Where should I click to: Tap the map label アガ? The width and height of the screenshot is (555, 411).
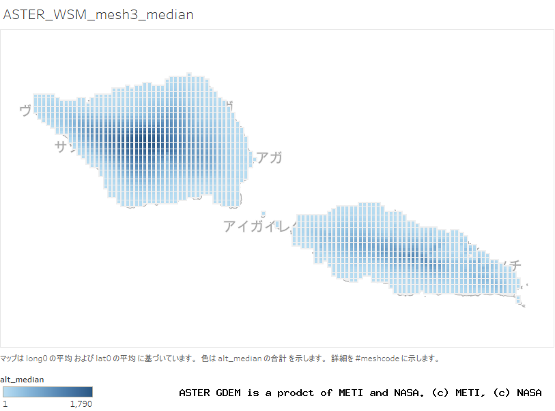click(269, 158)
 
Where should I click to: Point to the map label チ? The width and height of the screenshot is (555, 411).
click(517, 264)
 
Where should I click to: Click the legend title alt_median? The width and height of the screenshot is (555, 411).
click(22, 379)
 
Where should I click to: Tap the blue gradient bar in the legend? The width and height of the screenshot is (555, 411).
click(48, 392)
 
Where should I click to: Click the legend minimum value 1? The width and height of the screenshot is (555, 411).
click(5, 404)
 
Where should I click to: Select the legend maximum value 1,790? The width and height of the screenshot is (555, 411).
click(81, 404)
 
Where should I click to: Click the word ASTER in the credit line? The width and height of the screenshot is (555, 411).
click(195, 393)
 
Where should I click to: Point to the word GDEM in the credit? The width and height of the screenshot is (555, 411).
click(231, 393)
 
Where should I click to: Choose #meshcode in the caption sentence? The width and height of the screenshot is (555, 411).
click(378, 358)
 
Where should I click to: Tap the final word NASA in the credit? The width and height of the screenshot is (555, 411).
click(529, 393)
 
